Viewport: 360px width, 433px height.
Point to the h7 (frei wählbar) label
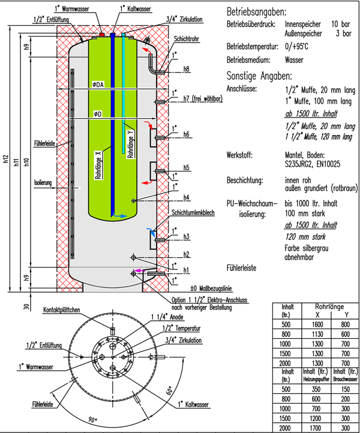pos(203,98)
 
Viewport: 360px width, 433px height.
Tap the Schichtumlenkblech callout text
pos(194,213)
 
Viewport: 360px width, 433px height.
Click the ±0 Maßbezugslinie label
pos(211,287)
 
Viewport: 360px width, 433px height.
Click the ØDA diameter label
pos(98,85)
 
